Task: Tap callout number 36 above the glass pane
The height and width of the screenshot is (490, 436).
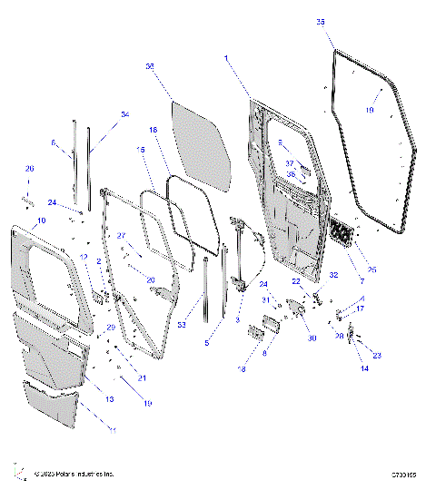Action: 150,66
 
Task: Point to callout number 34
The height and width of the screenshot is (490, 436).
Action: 125,115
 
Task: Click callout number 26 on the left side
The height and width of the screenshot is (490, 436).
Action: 28,169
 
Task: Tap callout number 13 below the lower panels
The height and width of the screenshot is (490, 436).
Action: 109,400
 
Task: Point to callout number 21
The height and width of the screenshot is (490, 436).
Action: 140,377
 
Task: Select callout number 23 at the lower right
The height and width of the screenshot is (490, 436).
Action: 377,356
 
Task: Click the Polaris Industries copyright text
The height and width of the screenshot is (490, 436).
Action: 74,473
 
